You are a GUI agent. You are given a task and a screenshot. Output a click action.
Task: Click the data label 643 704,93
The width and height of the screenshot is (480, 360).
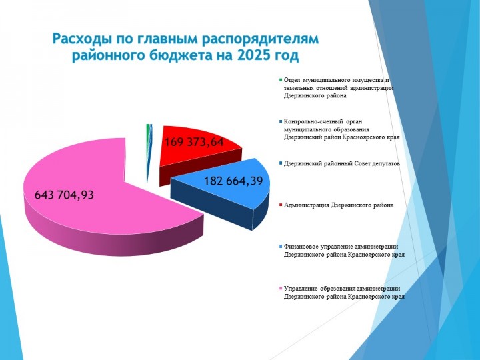coord(64,195)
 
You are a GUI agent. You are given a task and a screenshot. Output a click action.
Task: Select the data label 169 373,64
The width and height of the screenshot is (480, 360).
coord(195,142)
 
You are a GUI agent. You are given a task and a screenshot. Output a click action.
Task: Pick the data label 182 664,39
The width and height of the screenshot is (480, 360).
coord(233,181)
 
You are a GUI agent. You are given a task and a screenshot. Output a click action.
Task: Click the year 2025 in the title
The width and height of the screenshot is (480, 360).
coord(249,56)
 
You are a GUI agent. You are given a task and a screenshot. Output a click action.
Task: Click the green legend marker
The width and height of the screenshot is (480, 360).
coord(281,80)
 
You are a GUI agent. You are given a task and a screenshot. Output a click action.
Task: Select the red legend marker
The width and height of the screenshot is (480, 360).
coord(281,205)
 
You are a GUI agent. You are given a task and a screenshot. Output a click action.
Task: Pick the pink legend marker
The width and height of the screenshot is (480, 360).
coord(281,289)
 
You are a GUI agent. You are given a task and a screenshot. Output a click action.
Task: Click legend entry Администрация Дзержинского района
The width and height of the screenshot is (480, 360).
coord(339,205)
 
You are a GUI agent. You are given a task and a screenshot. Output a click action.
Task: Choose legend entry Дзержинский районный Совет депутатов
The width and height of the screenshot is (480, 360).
coord(341,163)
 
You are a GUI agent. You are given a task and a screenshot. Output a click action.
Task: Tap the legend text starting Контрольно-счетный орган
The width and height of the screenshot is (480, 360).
coord(341,129)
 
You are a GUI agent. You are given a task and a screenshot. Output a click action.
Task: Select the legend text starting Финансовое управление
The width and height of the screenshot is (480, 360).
coord(344,251)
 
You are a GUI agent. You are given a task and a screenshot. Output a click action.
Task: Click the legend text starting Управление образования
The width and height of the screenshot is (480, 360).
coord(344,293)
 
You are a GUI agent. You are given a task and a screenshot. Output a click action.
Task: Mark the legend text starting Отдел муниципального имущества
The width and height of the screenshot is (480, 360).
coord(339,87)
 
